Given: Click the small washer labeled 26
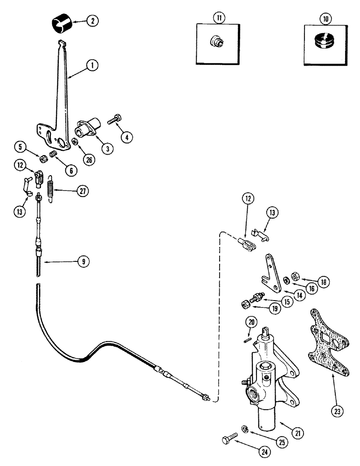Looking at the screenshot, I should [74, 142].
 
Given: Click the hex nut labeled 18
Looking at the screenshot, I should [295, 278].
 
